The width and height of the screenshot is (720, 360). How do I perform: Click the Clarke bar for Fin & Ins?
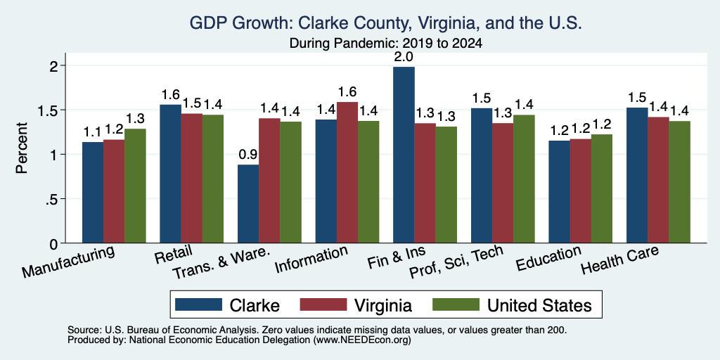coord(404,155)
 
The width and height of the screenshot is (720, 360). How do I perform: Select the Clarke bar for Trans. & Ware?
coord(248,204)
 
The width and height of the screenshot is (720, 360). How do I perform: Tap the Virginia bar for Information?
coord(347,173)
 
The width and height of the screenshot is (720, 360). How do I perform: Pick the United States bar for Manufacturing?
coord(135,186)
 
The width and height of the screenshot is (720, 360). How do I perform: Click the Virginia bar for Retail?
coord(191,178)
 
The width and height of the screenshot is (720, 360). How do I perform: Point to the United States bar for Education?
coord(602,188)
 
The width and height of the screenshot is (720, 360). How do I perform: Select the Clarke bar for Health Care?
coord(637,175)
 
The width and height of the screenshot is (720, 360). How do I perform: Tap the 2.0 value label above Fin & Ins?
coord(404,57)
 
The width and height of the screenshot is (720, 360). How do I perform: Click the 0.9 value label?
coord(248,155)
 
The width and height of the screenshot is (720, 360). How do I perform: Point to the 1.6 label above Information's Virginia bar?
coord(347,92)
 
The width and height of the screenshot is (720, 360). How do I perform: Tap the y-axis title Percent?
coord(22,148)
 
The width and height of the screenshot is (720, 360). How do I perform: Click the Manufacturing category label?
coord(68,262)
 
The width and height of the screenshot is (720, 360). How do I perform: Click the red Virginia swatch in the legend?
coord(323,304)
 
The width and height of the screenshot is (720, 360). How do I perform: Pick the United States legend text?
coord(539,305)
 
